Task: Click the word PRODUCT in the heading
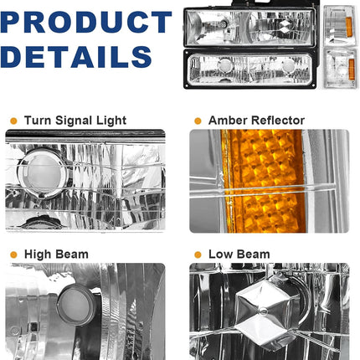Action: (x=85, y=22)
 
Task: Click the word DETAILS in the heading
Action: (x=76, y=57)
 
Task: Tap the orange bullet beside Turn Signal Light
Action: (x=13, y=121)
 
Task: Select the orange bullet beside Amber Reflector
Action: (x=198, y=121)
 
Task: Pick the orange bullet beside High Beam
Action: (x=13, y=255)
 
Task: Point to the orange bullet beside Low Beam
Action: (x=198, y=255)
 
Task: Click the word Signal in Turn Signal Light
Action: (x=74, y=121)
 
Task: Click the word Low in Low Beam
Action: (x=219, y=255)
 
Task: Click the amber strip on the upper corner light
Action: (x=348, y=27)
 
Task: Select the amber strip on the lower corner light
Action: (x=352, y=69)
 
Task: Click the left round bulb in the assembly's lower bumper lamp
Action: (x=225, y=66)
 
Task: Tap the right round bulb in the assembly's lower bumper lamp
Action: (x=288, y=66)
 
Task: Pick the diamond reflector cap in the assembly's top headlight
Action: (x=285, y=27)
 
